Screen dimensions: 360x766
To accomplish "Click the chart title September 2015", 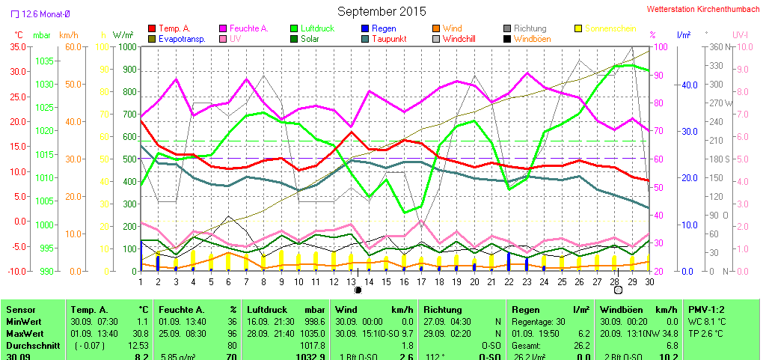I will [x=382, y=11].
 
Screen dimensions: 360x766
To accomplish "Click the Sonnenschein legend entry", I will [x=610, y=28].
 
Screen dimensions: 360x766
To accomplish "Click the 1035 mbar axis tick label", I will [x=43, y=61].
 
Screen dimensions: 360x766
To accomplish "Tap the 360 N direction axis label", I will [x=719, y=46].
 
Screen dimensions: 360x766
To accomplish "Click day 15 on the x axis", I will [x=385, y=281].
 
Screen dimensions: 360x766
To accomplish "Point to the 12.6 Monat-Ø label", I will [x=46, y=13].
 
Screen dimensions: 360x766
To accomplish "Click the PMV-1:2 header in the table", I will [x=707, y=309].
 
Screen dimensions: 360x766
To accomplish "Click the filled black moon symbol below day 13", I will [x=358, y=290].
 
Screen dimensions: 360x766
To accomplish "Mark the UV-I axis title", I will [x=740, y=35].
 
